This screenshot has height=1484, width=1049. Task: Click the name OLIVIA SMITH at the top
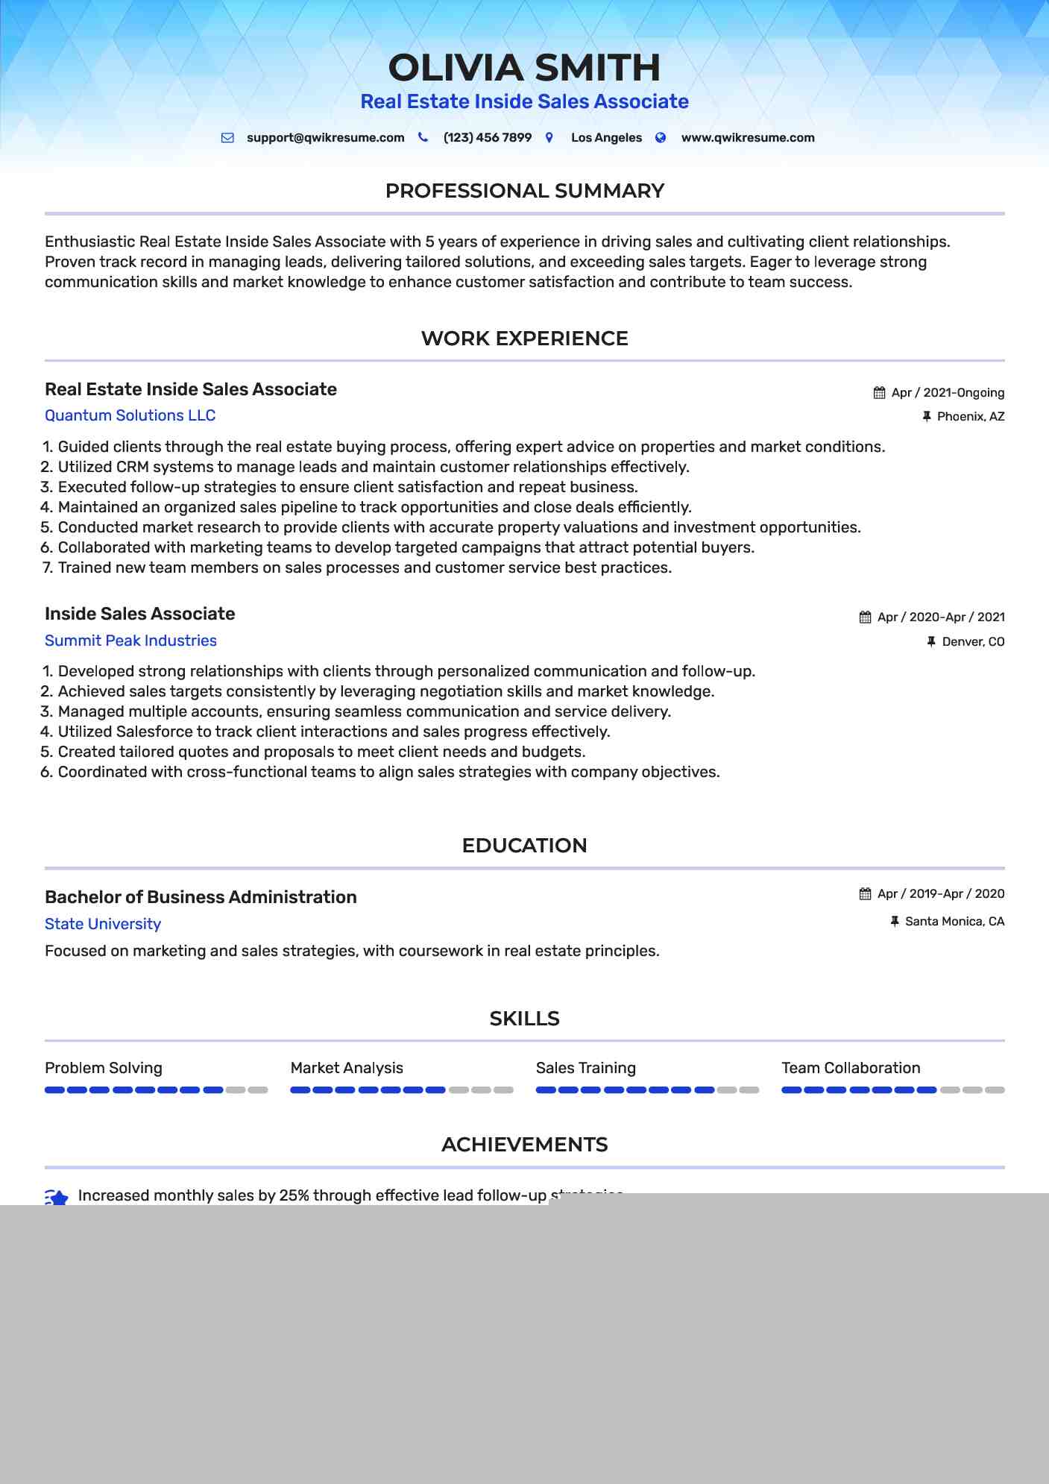pos(524,68)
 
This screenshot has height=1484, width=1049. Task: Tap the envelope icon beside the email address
pos(227,138)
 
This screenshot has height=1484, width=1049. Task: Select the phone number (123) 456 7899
pos(487,138)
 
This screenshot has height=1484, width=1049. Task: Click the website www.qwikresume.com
pos(747,138)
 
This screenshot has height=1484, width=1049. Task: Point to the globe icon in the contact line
pos(661,138)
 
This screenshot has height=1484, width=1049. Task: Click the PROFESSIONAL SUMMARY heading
pos(524,191)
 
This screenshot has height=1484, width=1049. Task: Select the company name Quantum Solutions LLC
pos(130,415)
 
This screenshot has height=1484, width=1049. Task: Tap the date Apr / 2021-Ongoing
pos(947,393)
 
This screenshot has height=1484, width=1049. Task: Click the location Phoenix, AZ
pos(970,417)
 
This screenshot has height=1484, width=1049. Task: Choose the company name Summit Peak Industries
pos(130,641)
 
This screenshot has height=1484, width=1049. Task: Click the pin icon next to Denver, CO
pos(930,641)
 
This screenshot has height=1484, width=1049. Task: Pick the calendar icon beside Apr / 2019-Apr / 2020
pos(865,894)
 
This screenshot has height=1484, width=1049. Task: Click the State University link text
pos(103,924)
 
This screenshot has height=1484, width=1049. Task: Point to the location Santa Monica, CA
pos(954,922)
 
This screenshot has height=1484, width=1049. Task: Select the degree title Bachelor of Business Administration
pos(201,897)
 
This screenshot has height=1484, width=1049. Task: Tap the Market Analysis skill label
pos(347,1068)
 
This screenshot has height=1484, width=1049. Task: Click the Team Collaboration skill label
pos(851,1068)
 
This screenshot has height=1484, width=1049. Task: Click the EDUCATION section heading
pos(524,846)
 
